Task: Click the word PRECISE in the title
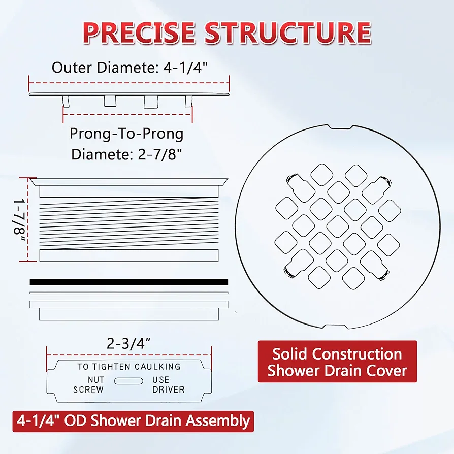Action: (x=139, y=32)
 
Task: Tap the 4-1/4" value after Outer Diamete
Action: (x=186, y=68)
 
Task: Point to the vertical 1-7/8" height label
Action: (x=20, y=220)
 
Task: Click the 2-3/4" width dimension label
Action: (x=129, y=344)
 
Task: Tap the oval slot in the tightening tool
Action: (x=128, y=381)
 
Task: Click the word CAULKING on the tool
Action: (x=157, y=367)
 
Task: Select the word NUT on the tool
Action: (x=96, y=379)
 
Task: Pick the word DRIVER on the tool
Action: (x=169, y=390)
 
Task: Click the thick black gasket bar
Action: (x=129, y=282)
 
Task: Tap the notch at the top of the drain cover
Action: (x=341, y=127)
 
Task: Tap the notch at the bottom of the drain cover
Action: (x=335, y=327)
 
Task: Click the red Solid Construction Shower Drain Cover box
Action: (x=337, y=362)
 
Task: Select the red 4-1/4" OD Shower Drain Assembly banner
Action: (x=133, y=421)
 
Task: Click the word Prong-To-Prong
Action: (x=126, y=134)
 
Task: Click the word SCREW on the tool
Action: (x=88, y=390)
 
